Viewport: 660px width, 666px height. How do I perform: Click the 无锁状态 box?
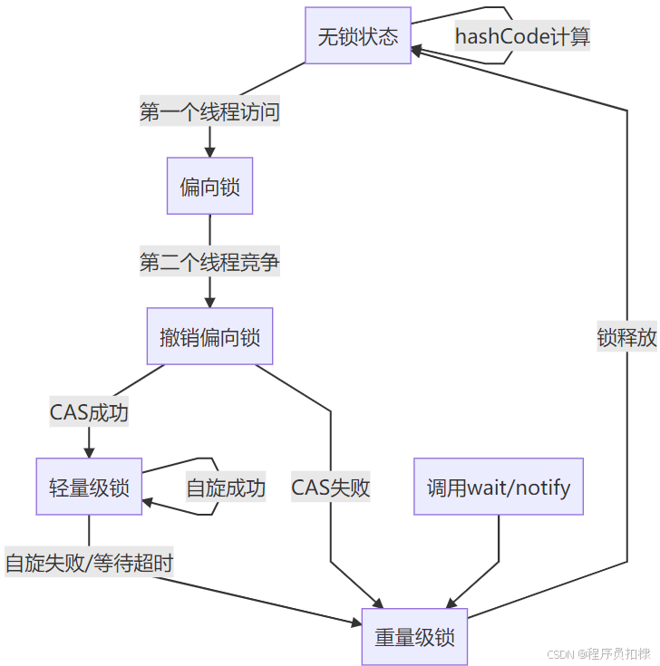[x=358, y=37]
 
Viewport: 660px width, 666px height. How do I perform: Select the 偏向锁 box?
[x=209, y=187]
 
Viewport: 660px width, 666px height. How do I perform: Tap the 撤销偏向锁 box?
[x=209, y=337]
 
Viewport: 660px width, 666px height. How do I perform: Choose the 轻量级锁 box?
[x=89, y=487]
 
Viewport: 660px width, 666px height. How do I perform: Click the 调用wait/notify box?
[x=499, y=487]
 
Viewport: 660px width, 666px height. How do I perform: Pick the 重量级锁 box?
[x=414, y=637]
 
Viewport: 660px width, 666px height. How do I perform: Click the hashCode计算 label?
[x=522, y=37]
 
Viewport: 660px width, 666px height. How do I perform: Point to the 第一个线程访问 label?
[x=209, y=112]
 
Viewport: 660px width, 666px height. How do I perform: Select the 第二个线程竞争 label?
[x=209, y=263]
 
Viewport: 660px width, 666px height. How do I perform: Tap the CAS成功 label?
[x=89, y=413]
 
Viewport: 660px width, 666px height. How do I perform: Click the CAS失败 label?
[x=331, y=487]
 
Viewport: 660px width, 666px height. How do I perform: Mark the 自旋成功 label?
[x=226, y=487]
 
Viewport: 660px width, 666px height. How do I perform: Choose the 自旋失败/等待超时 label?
[x=89, y=563]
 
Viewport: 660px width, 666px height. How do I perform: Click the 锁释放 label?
[x=626, y=338]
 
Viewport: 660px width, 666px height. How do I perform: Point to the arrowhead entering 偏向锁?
[x=209, y=150]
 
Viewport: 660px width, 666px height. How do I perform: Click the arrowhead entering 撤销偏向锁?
[x=209, y=301]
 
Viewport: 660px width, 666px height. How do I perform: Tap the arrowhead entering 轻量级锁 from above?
[x=89, y=451]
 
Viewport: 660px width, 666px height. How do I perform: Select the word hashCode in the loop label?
[x=499, y=37]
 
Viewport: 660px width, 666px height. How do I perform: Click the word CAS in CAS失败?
[x=310, y=487]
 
